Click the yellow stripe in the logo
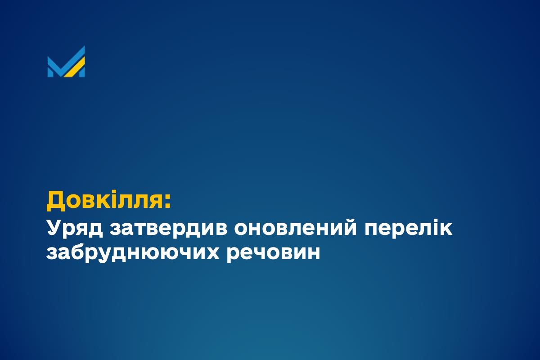pos(76,67)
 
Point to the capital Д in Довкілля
pos(55,201)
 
